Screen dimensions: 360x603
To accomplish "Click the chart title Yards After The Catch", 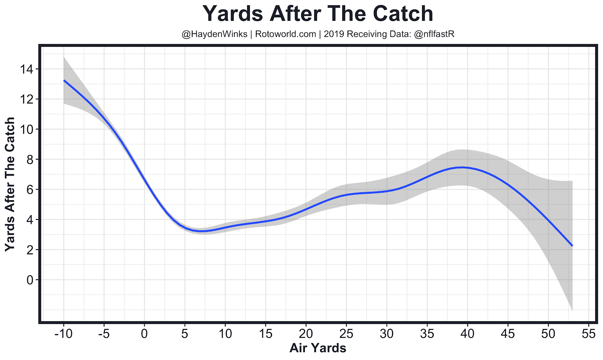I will (x=318, y=14).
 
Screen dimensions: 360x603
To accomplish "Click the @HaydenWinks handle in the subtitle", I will (x=214, y=34).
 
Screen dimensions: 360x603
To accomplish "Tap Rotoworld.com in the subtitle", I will (x=285, y=34).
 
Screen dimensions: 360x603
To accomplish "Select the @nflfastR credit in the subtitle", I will (x=434, y=34).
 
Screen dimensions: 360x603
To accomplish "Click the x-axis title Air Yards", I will (x=318, y=348).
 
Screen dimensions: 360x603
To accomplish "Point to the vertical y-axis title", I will (x=10, y=184).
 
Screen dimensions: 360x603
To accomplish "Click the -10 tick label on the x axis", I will (x=63, y=334).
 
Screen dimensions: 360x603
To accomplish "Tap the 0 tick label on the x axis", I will (x=144, y=334).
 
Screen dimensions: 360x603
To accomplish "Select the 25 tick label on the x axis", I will (x=346, y=334).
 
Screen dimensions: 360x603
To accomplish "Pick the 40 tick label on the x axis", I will (x=467, y=334).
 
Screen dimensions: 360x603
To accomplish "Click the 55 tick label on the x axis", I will (x=588, y=334).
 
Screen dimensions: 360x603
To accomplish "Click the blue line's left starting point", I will (x=64, y=80).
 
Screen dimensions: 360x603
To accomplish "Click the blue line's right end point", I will (x=572, y=246).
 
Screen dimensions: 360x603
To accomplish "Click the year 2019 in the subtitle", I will (x=334, y=34).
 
